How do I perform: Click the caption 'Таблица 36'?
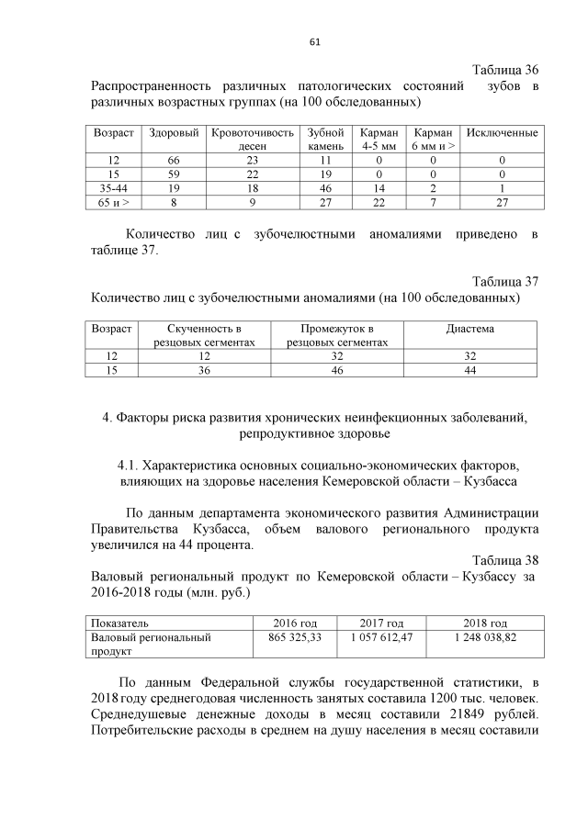tap(504, 71)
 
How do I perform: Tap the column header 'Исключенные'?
tap(502, 133)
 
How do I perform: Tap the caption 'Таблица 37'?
tap(504, 281)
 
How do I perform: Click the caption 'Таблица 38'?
tap(504, 560)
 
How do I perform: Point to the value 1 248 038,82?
tap(486, 636)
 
